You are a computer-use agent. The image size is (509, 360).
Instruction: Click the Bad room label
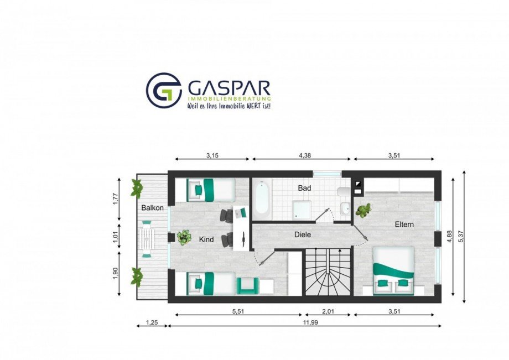point(304,188)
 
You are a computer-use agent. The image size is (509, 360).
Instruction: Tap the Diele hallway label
point(303,234)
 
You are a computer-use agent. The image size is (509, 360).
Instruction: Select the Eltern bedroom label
point(404,224)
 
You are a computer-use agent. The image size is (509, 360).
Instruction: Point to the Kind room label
point(206,239)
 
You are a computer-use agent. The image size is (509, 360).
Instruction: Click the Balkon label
point(152,207)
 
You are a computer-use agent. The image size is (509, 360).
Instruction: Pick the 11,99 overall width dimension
point(311,323)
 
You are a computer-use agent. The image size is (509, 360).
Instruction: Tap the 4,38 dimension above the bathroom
point(304,155)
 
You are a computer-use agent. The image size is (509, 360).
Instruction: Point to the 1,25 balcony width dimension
point(152,323)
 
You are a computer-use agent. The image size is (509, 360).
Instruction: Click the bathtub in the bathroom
point(262,200)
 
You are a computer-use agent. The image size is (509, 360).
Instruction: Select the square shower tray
point(302,210)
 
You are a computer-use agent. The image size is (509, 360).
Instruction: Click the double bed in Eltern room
point(394,270)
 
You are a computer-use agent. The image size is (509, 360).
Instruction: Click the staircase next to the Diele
point(328,272)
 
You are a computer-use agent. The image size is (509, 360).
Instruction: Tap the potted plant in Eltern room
point(363,210)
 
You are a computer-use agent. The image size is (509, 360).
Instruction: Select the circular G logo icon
point(164,90)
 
